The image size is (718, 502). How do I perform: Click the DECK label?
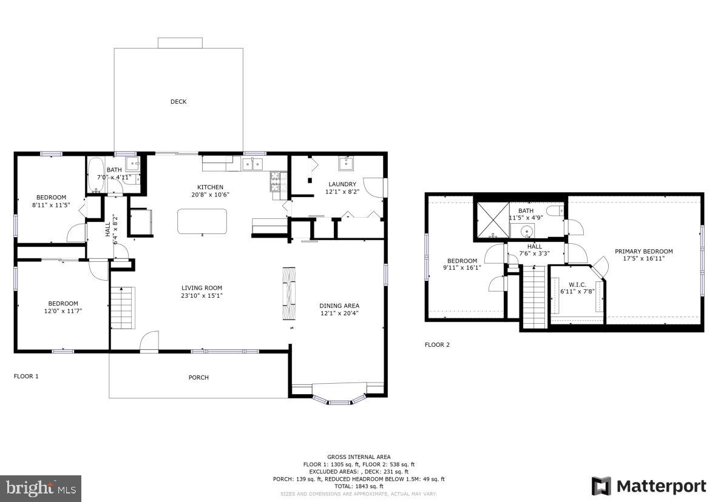pyautogui.click(x=178, y=102)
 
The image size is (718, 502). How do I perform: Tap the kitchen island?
pyautogui.click(x=202, y=221)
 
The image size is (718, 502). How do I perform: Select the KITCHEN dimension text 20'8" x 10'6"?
pyautogui.click(x=210, y=195)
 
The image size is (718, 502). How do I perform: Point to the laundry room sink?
pyautogui.click(x=347, y=164)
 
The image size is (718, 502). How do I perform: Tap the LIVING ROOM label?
pyautogui.click(x=202, y=288)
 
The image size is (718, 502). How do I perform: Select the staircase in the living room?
pyautogui.click(x=123, y=307)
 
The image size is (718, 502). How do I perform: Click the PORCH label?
pyautogui.click(x=198, y=378)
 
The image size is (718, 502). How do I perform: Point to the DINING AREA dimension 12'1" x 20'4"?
pyautogui.click(x=340, y=313)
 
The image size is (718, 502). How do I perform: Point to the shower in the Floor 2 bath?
pyautogui.click(x=491, y=218)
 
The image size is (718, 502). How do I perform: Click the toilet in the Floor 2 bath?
pyautogui.click(x=555, y=210)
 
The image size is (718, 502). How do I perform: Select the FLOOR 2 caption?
pyautogui.click(x=437, y=345)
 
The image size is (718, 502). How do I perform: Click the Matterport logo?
pyautogui.click(x=649, y=486)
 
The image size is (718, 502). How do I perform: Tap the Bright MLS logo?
pyautogui.click(x=41, y=487)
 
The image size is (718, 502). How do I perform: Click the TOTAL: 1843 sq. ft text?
pyautogui.click(x=359, y=486)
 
